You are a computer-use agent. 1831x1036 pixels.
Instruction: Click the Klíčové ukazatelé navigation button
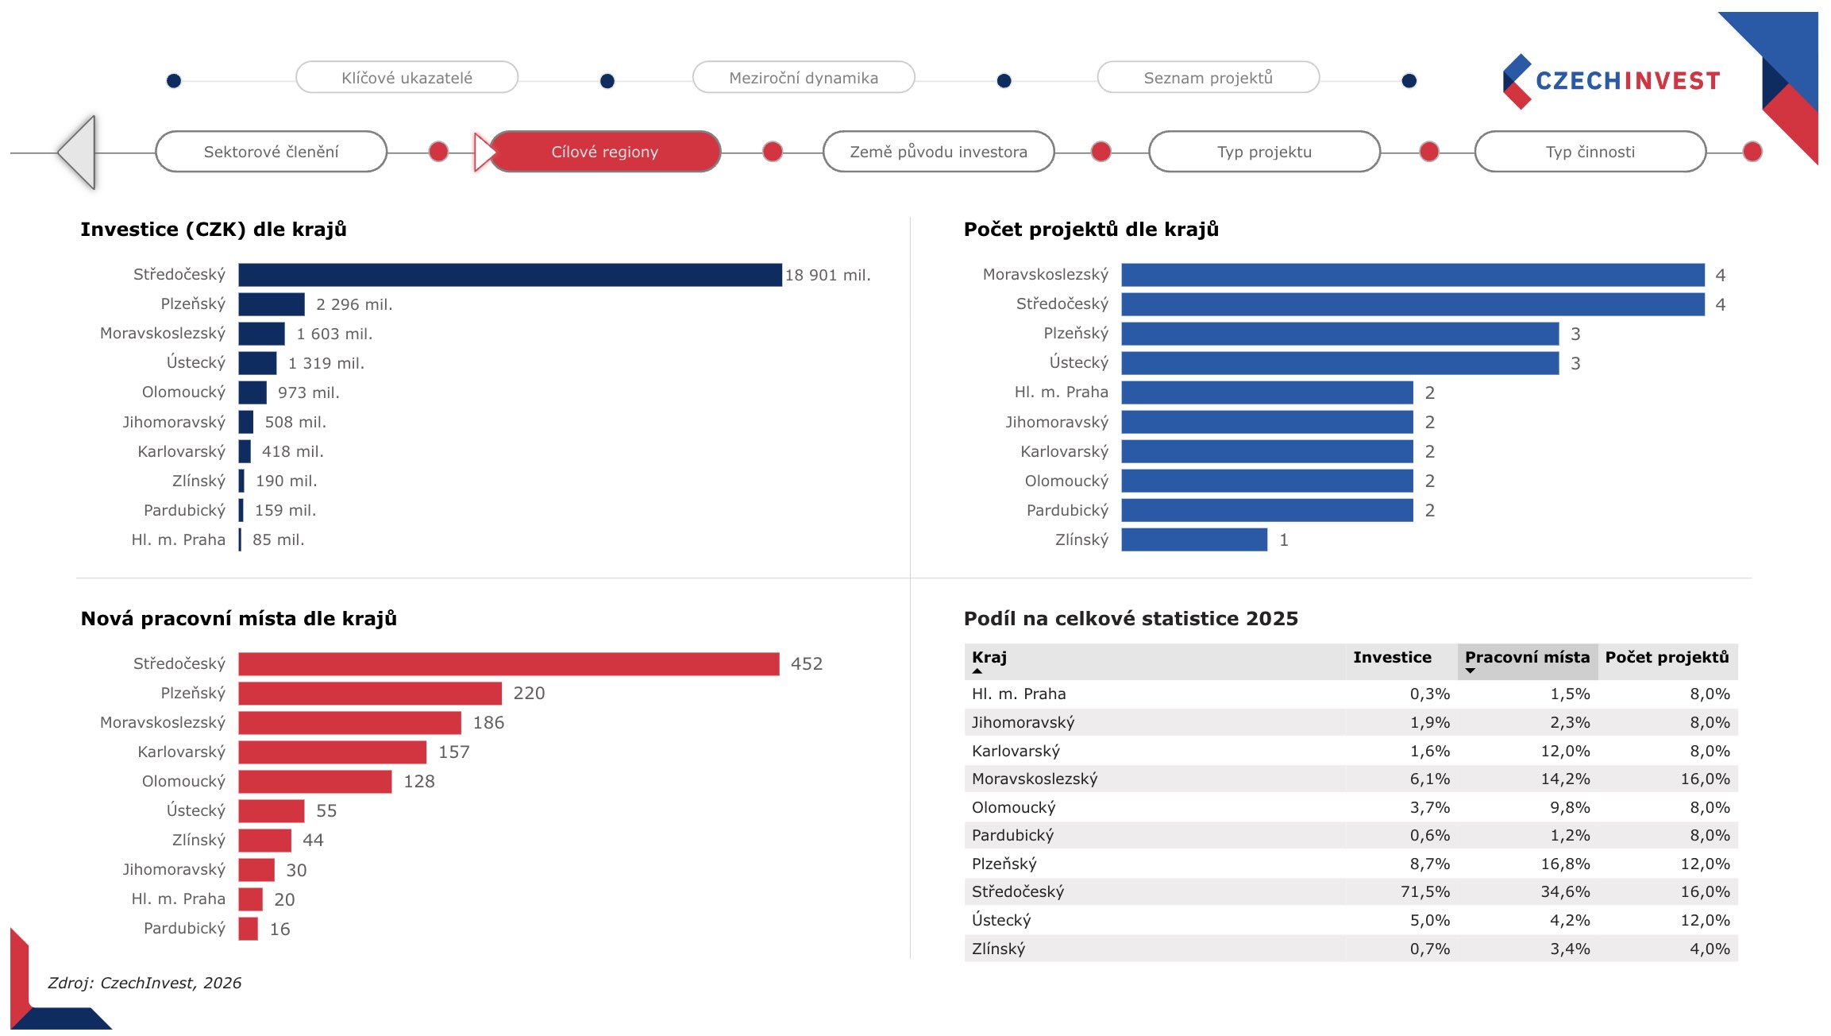coord(407,78)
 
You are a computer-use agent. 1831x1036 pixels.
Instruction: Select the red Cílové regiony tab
coord(605,152)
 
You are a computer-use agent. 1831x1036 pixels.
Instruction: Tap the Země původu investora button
coord(939,152)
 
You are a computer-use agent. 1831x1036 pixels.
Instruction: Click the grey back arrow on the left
coord(79,152)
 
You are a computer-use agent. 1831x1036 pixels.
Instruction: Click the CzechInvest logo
coord(1612,81)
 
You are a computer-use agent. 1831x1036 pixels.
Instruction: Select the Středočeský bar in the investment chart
coord(510,275)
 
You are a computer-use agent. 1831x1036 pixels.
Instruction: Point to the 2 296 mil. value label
coord(354,304)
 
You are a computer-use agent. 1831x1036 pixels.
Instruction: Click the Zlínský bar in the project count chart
coord(1194,539)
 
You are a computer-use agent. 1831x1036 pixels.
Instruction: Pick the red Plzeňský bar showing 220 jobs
coord(370,693)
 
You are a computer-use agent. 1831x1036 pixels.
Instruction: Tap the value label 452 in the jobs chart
coord(807,663)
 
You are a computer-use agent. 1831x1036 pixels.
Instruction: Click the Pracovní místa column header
coord(1527,658)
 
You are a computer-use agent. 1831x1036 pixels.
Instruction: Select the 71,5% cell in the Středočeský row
coord(1424,891)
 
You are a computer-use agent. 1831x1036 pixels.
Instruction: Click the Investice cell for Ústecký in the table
coord(1429,920)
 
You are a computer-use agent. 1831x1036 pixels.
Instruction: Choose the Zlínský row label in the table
coord(999,949)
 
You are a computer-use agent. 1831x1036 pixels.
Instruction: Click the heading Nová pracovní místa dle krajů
coord(238,618)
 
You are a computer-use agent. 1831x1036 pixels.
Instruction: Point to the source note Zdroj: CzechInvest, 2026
coord(145,983)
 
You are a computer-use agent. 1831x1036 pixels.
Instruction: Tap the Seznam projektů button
coord(1208,78)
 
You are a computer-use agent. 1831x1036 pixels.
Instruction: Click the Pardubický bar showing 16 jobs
coord(248,928)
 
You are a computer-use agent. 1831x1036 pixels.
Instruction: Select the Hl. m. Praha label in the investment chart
coord(179,539)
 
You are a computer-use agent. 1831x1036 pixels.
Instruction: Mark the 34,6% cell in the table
coord(1565,891)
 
